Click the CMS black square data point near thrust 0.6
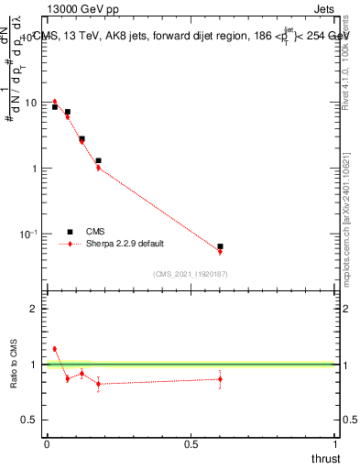(220, 246)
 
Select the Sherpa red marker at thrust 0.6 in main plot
(220, 252)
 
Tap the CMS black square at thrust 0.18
(98, 161)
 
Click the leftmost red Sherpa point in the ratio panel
(55, 349)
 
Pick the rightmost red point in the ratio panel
(220, 379)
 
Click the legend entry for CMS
(95, 232)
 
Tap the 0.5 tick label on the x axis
(191, 443)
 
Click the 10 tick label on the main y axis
(32, 103)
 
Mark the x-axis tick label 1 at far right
(335, 443)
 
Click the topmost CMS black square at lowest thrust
(55, 107)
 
